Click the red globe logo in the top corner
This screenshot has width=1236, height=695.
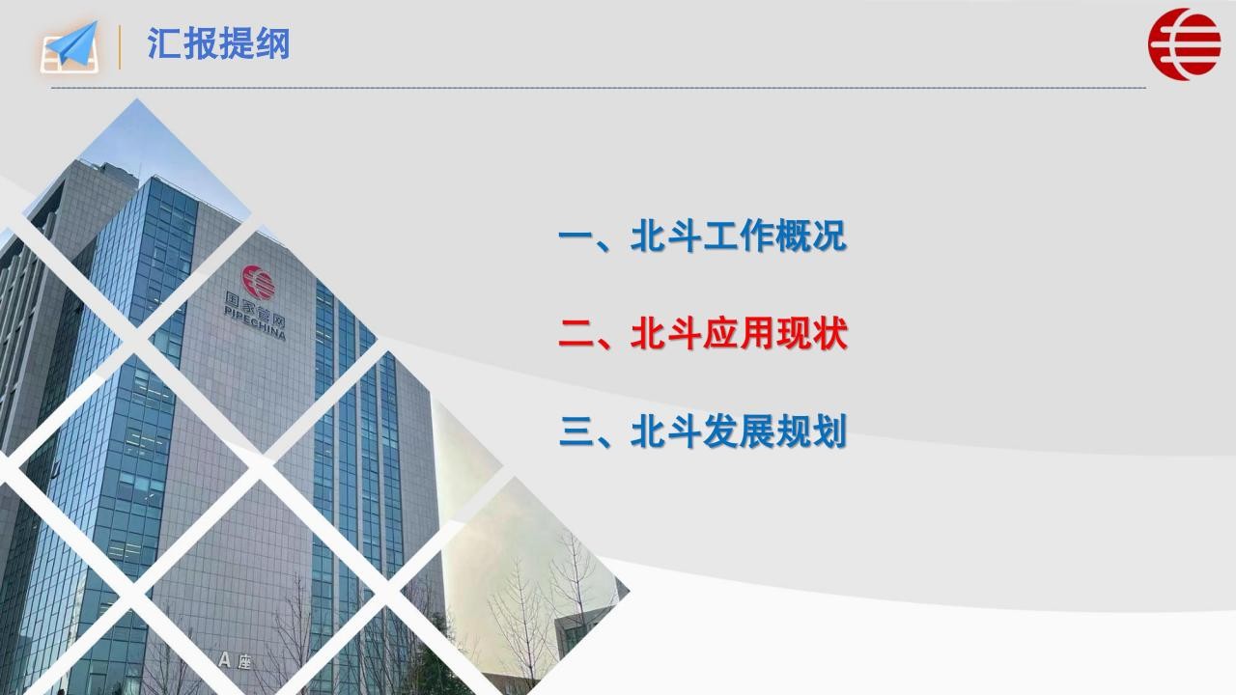pyautogui.click(x=1184, y=44)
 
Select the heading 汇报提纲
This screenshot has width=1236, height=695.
pyautogui.click(x=218, y=43)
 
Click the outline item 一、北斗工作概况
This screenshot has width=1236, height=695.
pyautogui.click(x=702, y=236)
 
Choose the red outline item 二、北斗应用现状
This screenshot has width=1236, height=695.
pyautogui.click(x=702, y=334)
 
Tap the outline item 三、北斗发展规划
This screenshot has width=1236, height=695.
pyautogui.click(x=702, y=431)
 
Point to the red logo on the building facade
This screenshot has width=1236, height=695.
pyautogui.click(x=258, y=283)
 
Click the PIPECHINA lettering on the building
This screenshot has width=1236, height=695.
pyautogui.click(x=255, y=323)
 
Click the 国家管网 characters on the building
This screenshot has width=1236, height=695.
pyautogui.click(x=254, y=310)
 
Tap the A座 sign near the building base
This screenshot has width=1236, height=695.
pyautogui.click(x=235, y=660)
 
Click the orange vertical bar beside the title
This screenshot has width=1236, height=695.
pyautogui.click(x=119, y=47)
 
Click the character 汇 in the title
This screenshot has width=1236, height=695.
pyautogui.click(x=164, y=43)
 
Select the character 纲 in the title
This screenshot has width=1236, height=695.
pyautogui.click(x=272, y=43)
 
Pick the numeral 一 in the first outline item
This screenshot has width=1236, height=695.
pyautogui.click(x=576, y=236)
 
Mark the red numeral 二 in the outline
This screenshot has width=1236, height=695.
pyautogui.click(x=576, y=334)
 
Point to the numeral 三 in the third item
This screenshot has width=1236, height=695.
pyautogui.click(x=576, y=431)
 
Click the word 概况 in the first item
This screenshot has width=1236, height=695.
pyautogui.click(x=811, y=236)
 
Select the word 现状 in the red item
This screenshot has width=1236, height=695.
pyautogui.click(x=811, y=334)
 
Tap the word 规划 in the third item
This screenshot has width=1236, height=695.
pyautogui.click(x=811, y=431)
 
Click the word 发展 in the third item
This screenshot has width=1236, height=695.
pyautogui.click(x=739, y=431)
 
